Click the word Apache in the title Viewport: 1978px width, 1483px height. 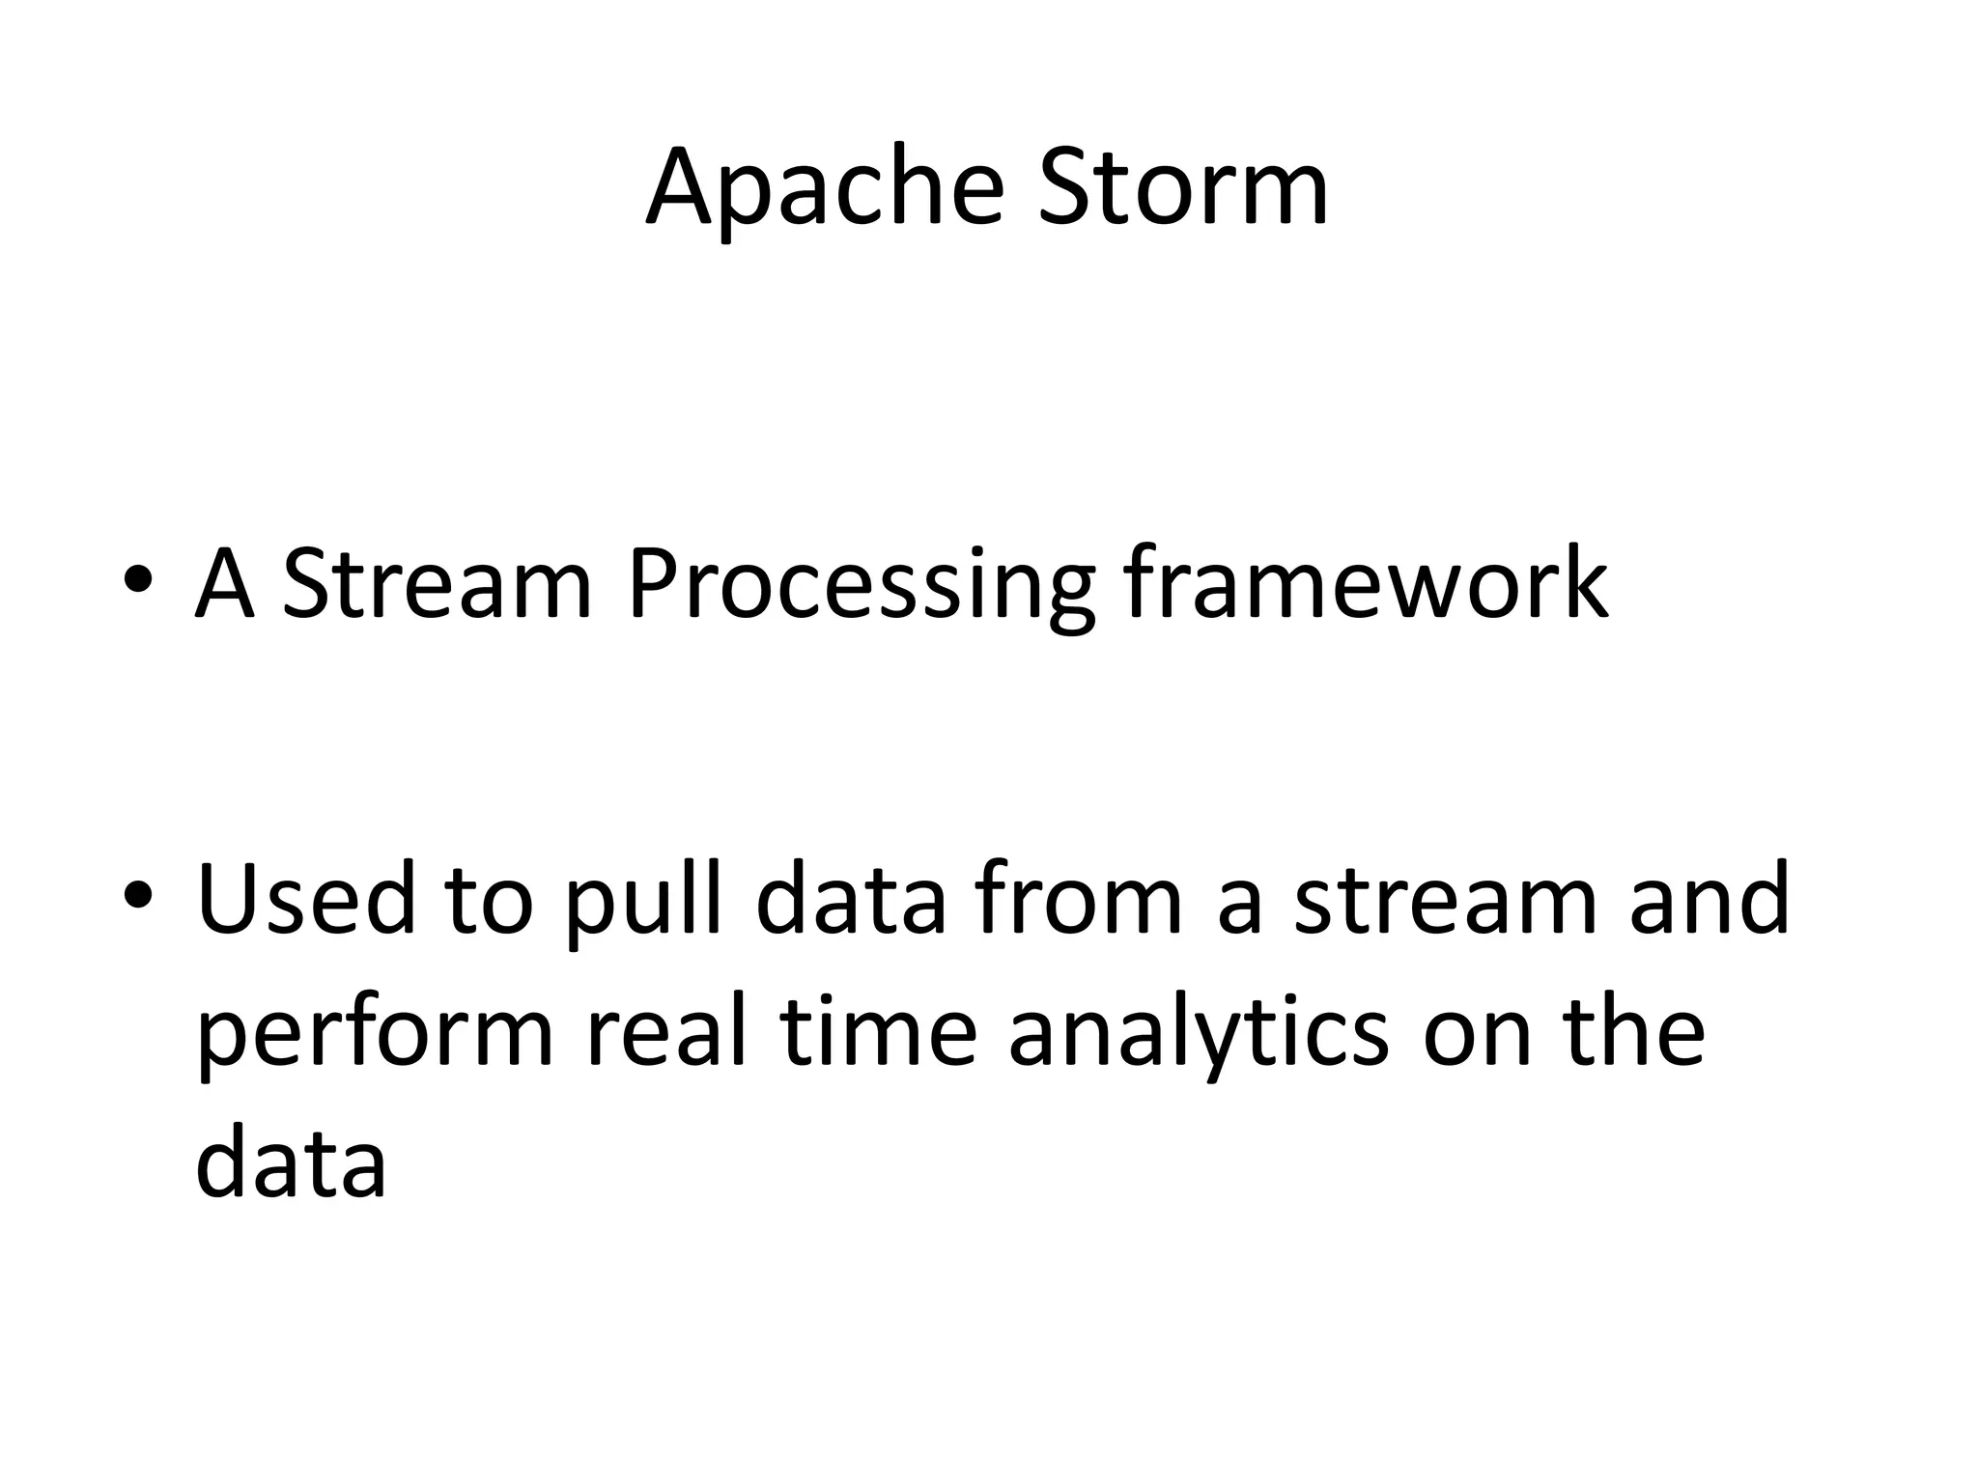tap(826, 188)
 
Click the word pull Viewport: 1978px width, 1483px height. tap(643, 902)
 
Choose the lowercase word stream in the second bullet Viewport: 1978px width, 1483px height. tap(1445, 901)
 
